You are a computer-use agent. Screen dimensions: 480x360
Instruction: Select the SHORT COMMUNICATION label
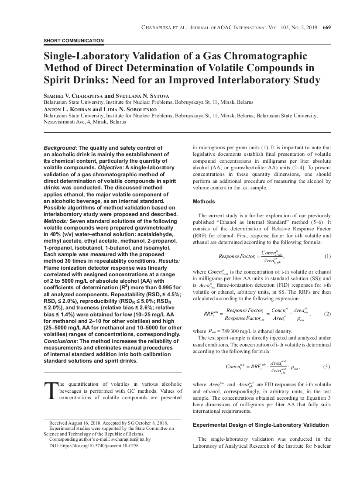(74, 41)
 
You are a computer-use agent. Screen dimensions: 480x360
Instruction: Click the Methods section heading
(204, 202)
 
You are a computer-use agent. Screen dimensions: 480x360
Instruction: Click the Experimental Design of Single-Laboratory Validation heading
(261, 425)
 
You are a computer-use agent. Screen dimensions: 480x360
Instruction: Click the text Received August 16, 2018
(77, 423)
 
